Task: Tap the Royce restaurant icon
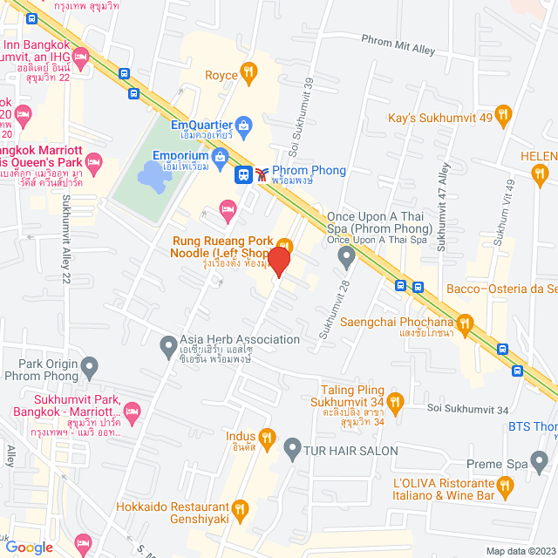coord(248,72)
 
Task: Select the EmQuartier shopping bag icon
coord(245,126)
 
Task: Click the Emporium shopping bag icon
coord(217,157)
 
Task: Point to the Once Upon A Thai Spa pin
coord(346,257)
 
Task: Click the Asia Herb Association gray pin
coord(167,346)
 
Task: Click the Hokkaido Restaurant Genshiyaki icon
coord(246,507)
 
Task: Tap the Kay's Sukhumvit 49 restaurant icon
coord(502,114)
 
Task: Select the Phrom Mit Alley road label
coord(398,45)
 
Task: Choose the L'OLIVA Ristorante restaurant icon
coord(505,486)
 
